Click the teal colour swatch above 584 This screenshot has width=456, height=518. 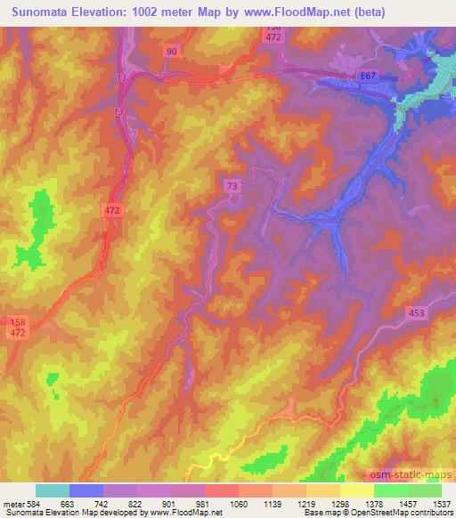53,490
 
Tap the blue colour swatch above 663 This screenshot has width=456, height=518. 86,490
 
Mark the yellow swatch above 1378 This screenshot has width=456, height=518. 357,490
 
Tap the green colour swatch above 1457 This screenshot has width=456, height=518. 391,490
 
